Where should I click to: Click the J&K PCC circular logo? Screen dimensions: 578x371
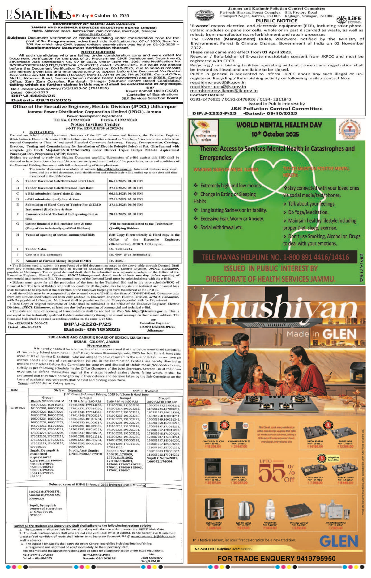(x=204, y=15)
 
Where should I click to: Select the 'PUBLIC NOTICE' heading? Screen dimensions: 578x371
(x=276, y=21)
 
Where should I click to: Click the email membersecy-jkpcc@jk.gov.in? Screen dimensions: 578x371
(x=224, y=91)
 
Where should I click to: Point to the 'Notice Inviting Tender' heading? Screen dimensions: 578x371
(x=95, y=124)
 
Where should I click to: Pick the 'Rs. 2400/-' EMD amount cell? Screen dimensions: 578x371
(x=117, y=261)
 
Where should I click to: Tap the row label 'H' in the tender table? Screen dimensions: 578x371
(x=18, y=235)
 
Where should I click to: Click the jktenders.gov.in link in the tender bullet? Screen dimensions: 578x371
(x=114, y=169)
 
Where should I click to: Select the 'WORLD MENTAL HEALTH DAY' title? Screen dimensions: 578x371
(x=279, y=125)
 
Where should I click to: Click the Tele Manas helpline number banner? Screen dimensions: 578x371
(x=275, y=257)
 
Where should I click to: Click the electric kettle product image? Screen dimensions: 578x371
(x=243, y=510)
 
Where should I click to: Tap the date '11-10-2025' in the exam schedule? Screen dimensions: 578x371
(x=18, y=408)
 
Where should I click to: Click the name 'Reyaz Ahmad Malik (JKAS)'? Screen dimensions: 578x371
(x=152, y=91)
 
